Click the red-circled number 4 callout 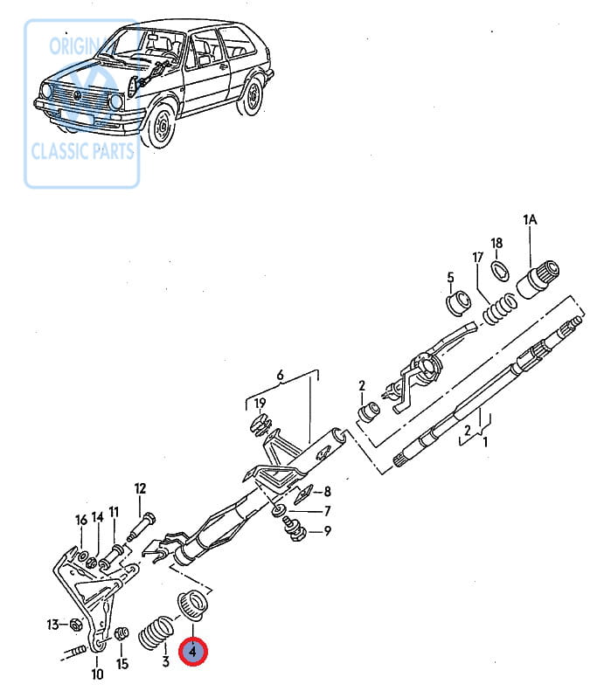tap(192, 651)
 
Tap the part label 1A tap(530, 219)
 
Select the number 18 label tap(496, 243)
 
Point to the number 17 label tap(478, 257)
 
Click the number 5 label tap(450, 277)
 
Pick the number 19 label tap(260, 403)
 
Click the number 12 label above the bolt tap(140, 488)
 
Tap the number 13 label tap(52, 625)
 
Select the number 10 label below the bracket tap(97, 674)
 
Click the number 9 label tap(327, 531)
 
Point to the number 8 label tap(327, 491)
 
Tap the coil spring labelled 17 tap(499, 309)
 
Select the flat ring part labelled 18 tap(500, 270)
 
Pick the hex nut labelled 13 tap(75, 625)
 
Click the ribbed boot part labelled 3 tap(156, 632)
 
